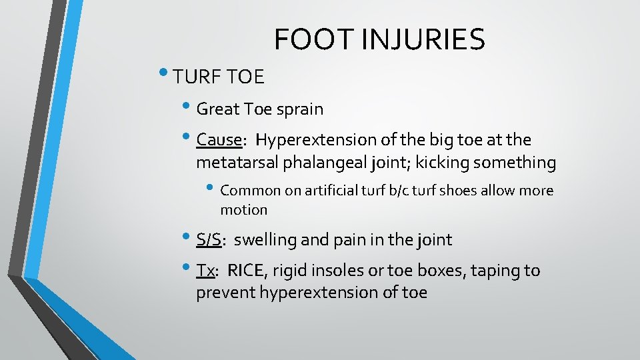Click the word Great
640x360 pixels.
[x=219, y=109]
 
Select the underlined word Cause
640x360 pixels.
[x=218, y=140]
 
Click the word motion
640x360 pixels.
[x=243, y=210]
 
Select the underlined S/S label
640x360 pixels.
[x=209, y=240]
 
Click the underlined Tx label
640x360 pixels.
[x=205, y=271]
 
